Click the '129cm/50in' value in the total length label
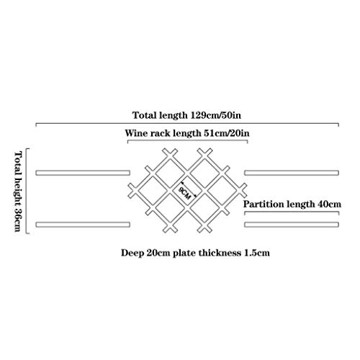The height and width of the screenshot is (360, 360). click(x=216, y=115)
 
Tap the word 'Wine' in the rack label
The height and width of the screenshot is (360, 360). click(x=136, y=133)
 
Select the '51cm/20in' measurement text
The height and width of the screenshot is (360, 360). click(x=227, y=133)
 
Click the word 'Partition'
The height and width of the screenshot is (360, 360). click(x=264, y=204)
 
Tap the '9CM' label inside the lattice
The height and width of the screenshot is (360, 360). click(x=184, y=193)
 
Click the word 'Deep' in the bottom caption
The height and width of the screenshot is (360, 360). click(x=132, y=253)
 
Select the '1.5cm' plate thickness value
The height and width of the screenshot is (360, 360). click(x=257, y=253)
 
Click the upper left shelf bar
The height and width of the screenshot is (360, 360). click(x=83, y=173)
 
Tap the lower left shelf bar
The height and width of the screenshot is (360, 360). click(x=83, y=225)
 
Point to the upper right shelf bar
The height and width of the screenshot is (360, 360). click(x=292, y=173)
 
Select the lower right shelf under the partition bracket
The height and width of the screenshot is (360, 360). click(x=292, y=225)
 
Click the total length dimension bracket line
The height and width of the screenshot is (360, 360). click(x=187, y=123)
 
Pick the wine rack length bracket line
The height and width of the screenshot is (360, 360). click(x=187, y=140)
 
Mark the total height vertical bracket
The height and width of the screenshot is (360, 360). click(x=27, y=191)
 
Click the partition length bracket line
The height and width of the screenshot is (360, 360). click(x=292, y=212)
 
